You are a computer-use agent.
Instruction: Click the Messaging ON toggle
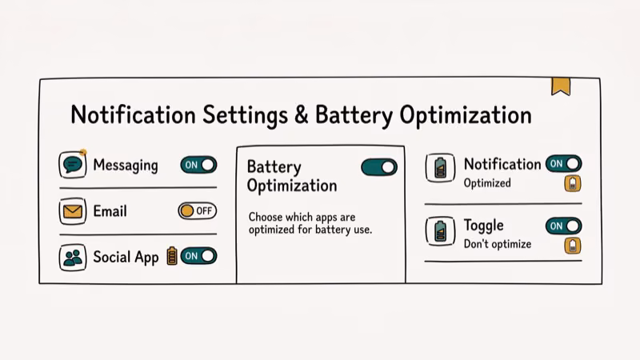(x=198, y=165)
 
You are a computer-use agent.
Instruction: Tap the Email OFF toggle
(x=197, y=211)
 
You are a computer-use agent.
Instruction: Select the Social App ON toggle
(x=198, y=256)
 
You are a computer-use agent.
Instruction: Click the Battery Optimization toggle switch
(x=378, y=167)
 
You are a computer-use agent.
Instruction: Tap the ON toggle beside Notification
(x=563, y=164)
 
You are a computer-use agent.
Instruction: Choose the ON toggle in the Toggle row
(x=563, y=226)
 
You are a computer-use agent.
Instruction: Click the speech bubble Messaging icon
(x=73, y=166)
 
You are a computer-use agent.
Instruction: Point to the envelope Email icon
(x=73, y=212)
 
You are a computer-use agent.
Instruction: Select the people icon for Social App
(x=73, y=258)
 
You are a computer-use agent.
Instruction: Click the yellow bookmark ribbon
(x=561, y=86)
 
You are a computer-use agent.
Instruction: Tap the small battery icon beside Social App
(x=171, y=256)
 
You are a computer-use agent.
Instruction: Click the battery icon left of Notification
(x=440, y=168)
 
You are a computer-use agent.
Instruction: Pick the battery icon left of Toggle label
(x=440, y=230)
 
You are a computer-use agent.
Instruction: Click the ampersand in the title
(x=301, y=115)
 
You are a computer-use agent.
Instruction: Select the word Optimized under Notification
(x=487, y=183)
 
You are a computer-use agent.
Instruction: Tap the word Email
(x=110, y=212)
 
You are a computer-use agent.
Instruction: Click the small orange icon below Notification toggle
(x=573, y=184)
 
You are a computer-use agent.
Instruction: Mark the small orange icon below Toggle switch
(x=573, y=246)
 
